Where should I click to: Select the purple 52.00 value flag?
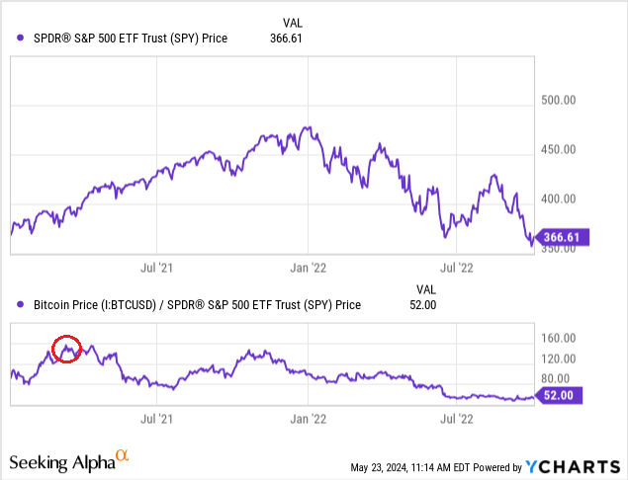click(x=560, y=396)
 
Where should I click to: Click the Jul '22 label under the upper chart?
click(x=457, y=268)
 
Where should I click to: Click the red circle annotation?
click(x=66, y=349)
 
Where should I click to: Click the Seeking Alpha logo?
click(x=68, y=460)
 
